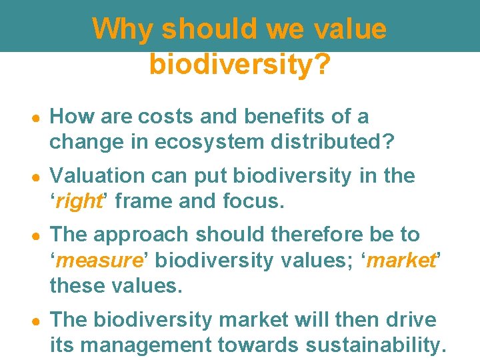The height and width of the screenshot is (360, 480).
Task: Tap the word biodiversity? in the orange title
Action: tap(239, 64)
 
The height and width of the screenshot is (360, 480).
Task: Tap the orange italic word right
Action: tap(78, 201)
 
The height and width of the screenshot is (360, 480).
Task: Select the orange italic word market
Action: tap(400, 260)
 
